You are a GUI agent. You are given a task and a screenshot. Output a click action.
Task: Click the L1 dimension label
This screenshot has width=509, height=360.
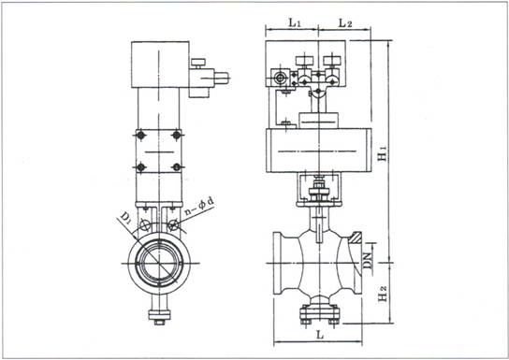pos(295,22)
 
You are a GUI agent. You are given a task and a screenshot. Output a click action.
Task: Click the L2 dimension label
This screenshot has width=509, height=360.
pos(345,22)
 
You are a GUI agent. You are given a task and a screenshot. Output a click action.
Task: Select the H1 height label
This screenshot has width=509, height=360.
pos(383,152)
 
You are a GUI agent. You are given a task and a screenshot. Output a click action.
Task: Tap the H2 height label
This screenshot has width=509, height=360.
pos(383,294)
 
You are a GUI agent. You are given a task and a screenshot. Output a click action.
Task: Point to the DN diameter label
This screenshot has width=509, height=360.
pos(368,261)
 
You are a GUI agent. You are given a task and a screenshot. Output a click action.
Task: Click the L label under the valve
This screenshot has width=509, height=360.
pos(320,335)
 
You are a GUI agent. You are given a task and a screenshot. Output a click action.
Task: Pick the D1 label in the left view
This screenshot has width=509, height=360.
pos(126,218)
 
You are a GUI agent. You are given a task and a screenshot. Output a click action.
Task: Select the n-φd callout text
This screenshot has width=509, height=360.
pos(199,206)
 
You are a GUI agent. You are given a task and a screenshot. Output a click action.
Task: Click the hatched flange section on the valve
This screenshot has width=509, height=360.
pos(356,238)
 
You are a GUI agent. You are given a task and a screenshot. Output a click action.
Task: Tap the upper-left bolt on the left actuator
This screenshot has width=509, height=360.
pos(140,135)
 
